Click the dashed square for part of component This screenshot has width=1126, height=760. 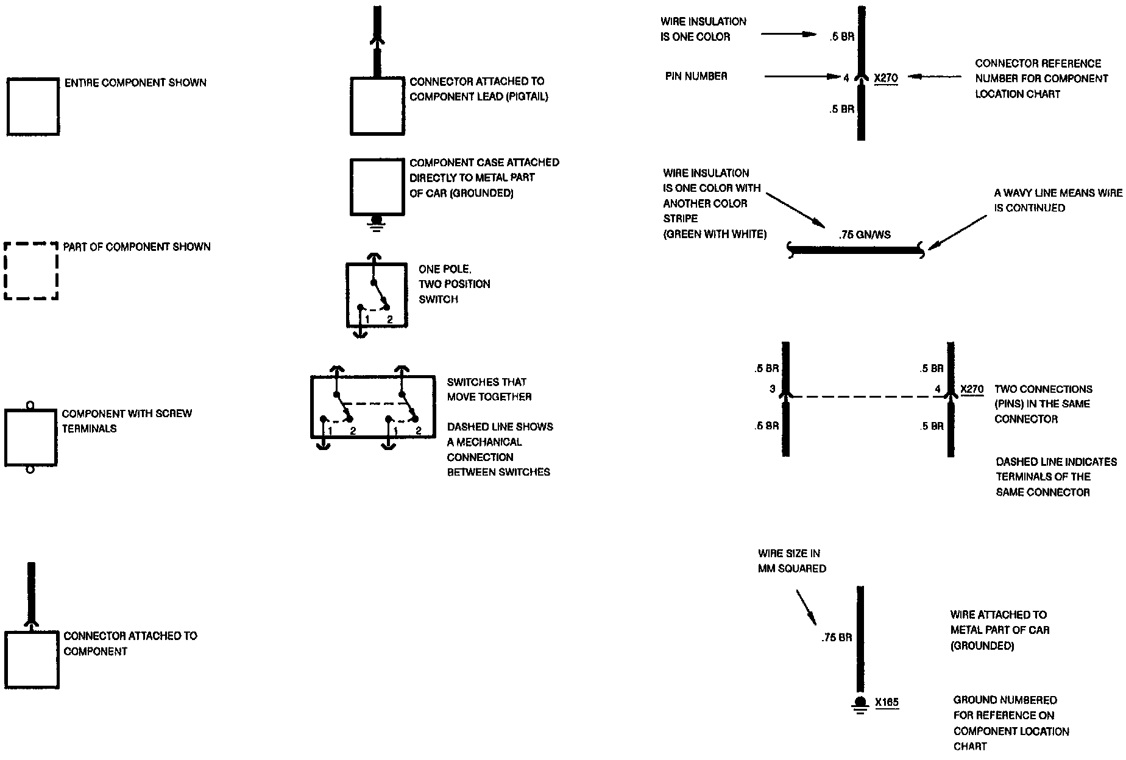(x=31, y=272)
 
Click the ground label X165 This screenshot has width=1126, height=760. (x=887, y=703)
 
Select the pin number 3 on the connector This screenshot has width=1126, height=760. (x=772, y=389)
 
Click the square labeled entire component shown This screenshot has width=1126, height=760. (x=33, y=107)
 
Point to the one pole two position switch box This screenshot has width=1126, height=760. (x=377, y=295)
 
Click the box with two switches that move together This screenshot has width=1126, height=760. (x=373, y=407)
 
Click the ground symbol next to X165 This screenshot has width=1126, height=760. (x=860, y=704)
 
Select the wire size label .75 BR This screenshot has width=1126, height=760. (x=837, y=638)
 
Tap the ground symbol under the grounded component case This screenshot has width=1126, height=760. (x=377, y=222)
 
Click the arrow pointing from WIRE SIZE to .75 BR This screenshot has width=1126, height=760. (x=806, y=607)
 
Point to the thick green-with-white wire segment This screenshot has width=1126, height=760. (x=856, y=249)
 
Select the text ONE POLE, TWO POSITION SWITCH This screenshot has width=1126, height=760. (x=454, y=284)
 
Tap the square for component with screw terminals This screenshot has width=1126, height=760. (x=31, y=438)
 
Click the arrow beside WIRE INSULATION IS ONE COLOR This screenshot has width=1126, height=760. (x=788, y=34)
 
